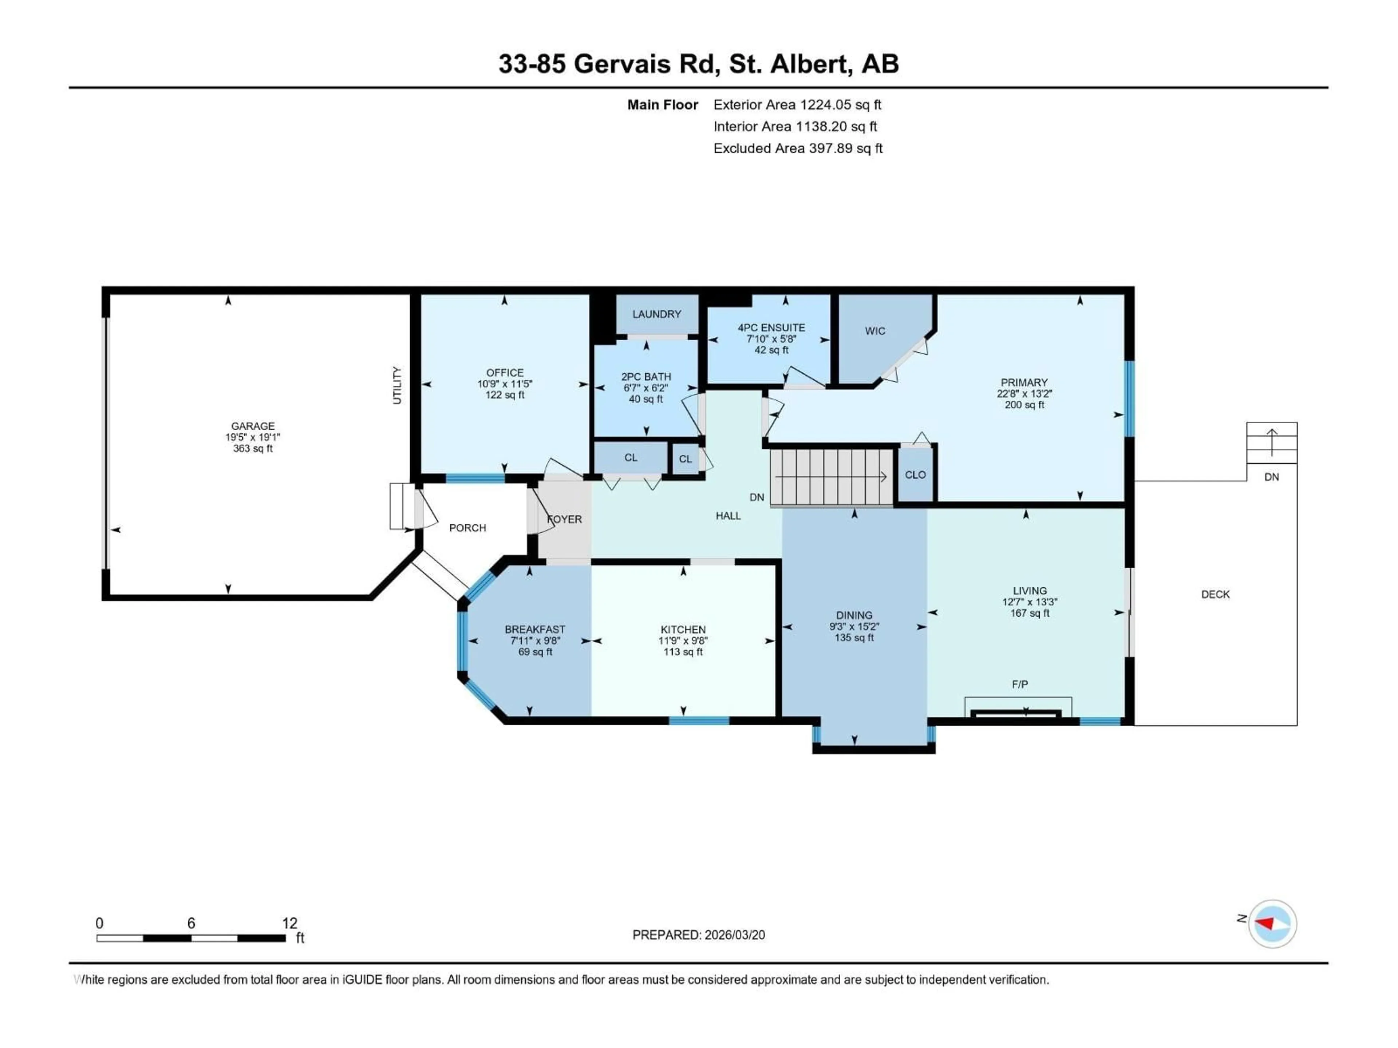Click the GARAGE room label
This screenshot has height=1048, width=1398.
click(252, 426)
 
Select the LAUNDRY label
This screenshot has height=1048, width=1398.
click(657, 314)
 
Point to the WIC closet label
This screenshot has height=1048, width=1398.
click(875, 331)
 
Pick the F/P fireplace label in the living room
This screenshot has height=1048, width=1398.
click(1019, 684)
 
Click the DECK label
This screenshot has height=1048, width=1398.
click(1215, 595)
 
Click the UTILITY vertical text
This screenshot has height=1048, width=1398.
click(397, 385)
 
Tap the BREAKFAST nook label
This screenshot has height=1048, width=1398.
click(535, 629)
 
